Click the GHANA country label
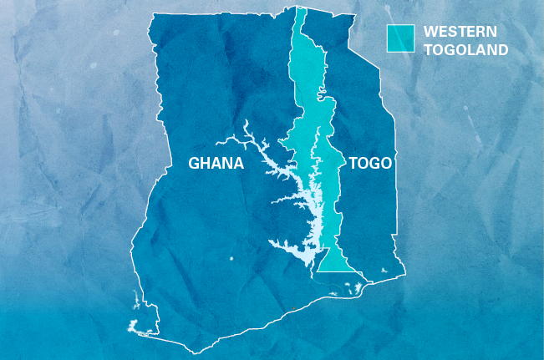click(x=216, y=163)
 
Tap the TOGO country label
click(x=369, y=163)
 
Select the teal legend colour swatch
click(x=400, y=38)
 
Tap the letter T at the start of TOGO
click(x=352, y=163)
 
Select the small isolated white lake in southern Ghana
click(x=231, y=260)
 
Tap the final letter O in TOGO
click(x=385, y=163)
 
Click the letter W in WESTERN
click(x=430, y=32)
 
